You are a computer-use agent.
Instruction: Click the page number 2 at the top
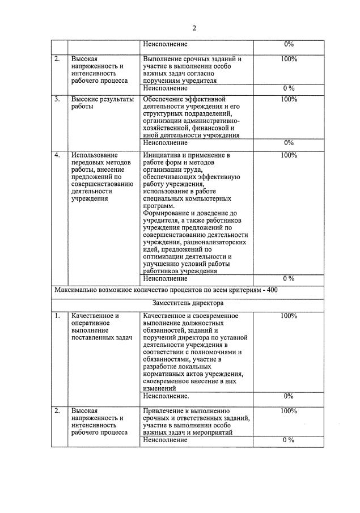(x=194, y=28)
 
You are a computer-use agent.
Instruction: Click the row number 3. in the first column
(x=57, y=99)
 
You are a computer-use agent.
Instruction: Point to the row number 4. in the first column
(x=57, y=155)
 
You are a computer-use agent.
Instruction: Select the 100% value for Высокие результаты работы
(x=289, y=99)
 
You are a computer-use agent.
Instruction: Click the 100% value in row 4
(x=289, y=155)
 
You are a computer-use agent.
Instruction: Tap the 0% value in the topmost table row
(x=289, y=44)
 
